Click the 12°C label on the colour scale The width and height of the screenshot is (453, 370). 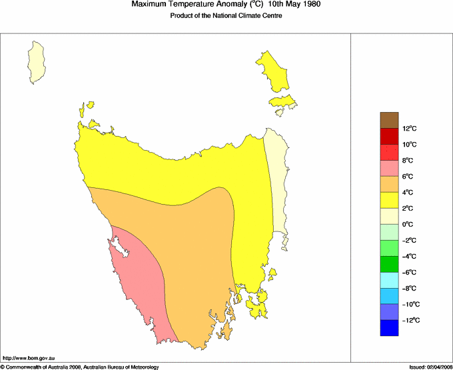point(409,129)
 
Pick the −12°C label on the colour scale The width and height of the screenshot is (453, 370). point(409,321)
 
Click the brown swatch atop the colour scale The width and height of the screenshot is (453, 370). point(390,120)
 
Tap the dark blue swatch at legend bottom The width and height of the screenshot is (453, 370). point(390,328)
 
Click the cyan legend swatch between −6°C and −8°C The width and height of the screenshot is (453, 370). point(390,280)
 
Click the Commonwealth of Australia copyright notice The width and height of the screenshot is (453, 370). point(80,366)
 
